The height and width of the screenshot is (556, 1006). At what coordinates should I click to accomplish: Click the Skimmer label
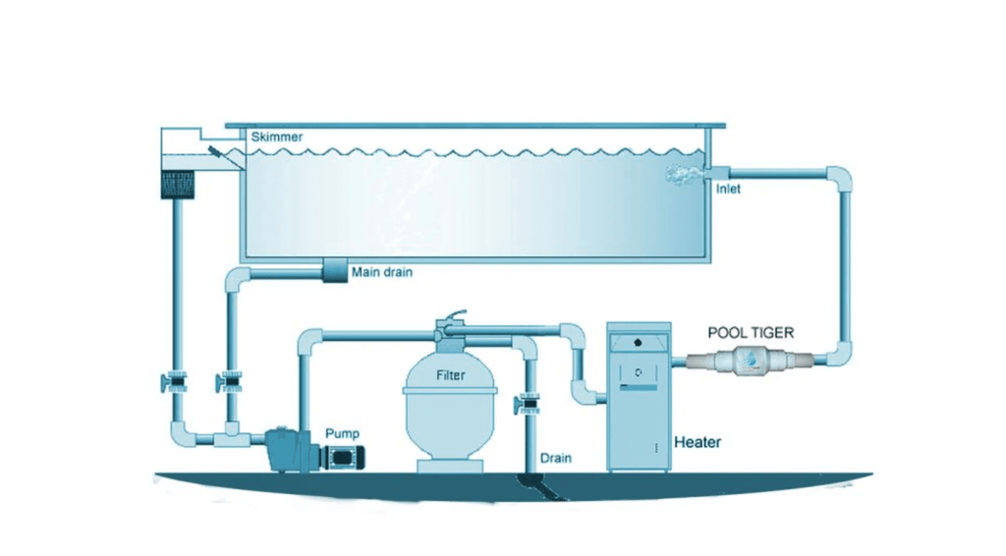277,138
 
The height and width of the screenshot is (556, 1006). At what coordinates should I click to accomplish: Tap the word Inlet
728,190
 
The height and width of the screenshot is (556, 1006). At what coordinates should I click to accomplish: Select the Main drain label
382,272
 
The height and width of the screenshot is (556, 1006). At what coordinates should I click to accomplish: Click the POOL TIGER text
750,333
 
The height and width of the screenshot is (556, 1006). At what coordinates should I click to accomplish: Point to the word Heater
697,442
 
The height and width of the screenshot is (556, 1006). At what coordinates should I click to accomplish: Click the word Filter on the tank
452,375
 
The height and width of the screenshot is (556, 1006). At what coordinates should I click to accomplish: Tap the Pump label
343,433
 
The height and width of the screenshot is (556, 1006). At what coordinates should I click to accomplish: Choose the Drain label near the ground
556,459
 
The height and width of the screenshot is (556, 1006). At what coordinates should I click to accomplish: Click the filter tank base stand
451,463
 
